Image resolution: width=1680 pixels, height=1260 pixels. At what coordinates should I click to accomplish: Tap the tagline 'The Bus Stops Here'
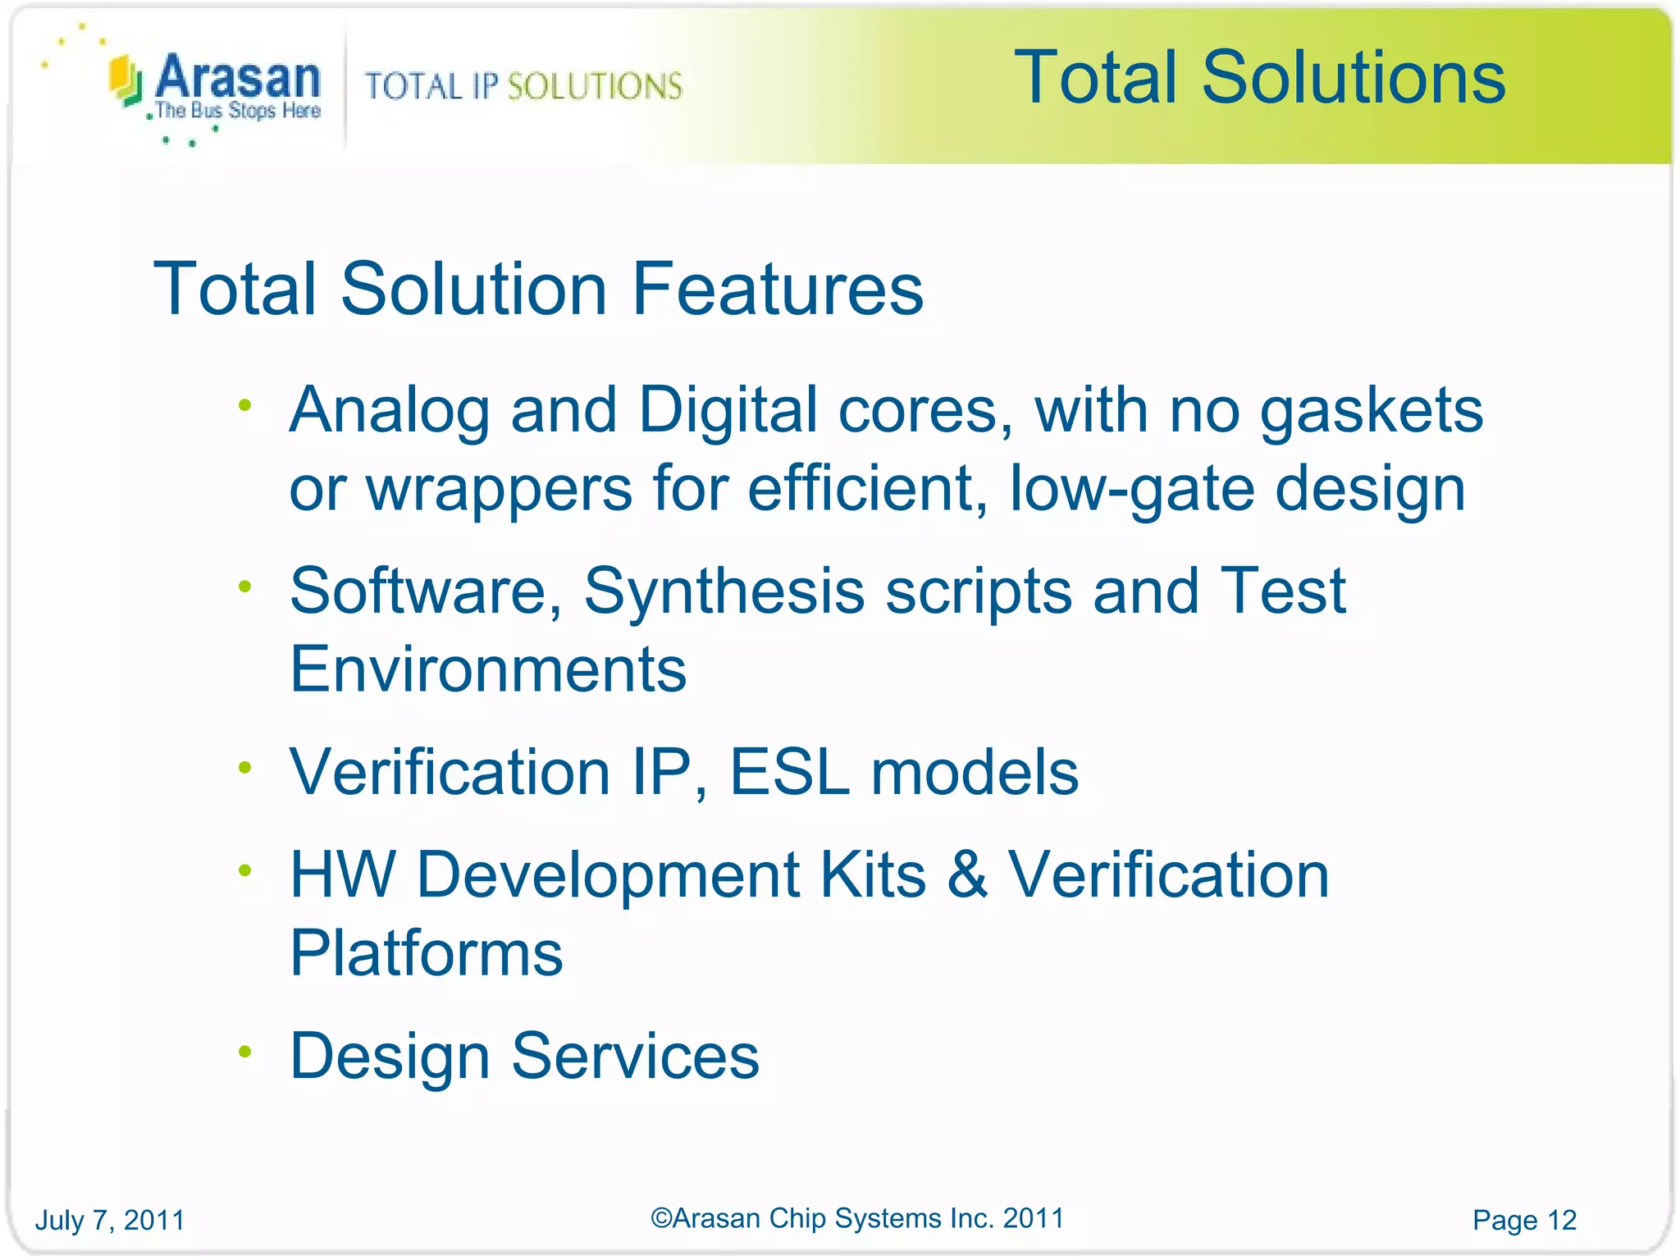[x=238, y=111]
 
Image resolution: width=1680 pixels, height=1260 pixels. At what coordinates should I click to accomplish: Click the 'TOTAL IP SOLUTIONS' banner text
[x=523, y=86]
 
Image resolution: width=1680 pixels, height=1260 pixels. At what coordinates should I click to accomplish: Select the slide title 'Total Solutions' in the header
[x=1259, y=77]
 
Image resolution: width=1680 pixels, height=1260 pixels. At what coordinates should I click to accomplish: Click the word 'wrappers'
[x=499, y=488]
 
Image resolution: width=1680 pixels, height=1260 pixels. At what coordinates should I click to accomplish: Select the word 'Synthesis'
[x=724, y=591]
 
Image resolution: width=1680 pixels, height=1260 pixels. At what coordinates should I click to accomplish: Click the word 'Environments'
[x=488, y=669]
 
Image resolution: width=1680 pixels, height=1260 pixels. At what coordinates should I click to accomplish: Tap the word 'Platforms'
[x=427, y=953]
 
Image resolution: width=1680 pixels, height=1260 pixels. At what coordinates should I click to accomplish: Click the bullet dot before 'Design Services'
[x=244, y=1052]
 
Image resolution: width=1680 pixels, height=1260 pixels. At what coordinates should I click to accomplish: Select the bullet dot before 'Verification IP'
[x=244, y=768]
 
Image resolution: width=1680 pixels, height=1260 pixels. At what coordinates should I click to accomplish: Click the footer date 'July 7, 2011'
[x=110, y=1220]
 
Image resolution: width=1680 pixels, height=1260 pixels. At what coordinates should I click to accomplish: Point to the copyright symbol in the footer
[x=661, y=1218]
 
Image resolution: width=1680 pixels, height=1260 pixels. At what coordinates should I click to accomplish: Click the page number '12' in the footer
[x=1561, y=1220]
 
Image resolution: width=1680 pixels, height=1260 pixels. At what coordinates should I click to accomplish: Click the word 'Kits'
[x=873, y=874]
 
